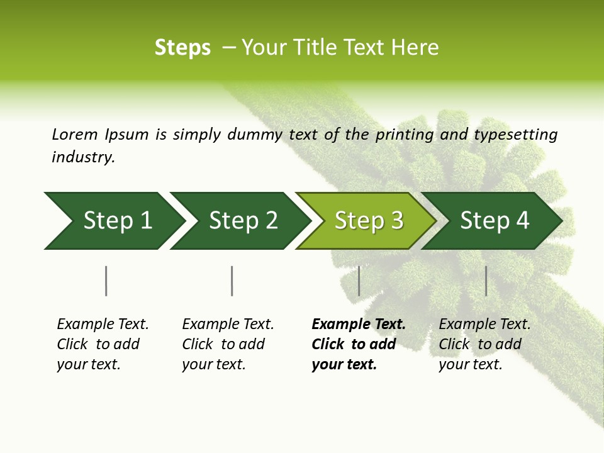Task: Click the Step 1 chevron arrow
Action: [x=116, y=221]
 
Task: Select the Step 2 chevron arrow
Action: [x=242, y=221]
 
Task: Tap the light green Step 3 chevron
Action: [x=368, y=221]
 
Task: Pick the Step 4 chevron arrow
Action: [x=494, y=221]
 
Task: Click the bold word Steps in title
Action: [x=182, y=48]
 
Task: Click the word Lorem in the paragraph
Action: [x=75, y=134]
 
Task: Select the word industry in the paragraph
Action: [x=83, y=157]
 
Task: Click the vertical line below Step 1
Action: [x=106, y=281]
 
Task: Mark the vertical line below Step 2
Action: [x=232, y=281]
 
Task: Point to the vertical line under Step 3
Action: [x=359, y=281]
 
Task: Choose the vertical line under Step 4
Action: [x=486, y=281]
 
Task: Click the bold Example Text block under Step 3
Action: [x=359, y=344]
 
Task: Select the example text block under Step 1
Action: [x=103, y=344]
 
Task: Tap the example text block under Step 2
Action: [x=228, y=344]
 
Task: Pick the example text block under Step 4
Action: [x=484, y=344]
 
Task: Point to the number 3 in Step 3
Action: [x=396, y=221]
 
